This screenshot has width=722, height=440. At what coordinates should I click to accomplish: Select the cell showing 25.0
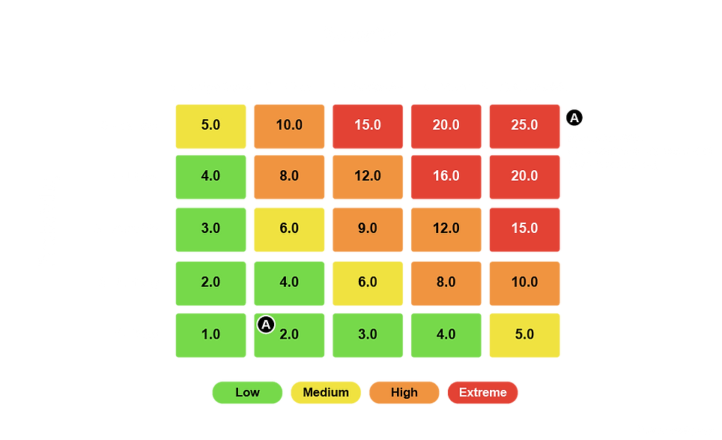tap(524, 124)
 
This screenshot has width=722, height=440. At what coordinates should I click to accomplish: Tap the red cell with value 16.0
tap(446, 176)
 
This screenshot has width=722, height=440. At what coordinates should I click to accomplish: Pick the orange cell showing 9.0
tap(367, 229)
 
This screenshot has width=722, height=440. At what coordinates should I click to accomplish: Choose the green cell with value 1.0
tap(210, 334)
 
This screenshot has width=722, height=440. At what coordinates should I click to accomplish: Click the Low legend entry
tap(247, 392)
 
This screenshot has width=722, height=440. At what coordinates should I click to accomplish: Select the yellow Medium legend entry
tap(326, 392)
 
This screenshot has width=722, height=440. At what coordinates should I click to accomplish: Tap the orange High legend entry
tap(404, 392)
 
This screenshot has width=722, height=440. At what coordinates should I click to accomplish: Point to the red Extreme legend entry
tap(482, 392)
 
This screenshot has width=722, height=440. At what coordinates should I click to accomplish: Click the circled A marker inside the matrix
tap(266, 325)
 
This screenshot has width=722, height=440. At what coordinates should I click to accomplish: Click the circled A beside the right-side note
tap(574, 118)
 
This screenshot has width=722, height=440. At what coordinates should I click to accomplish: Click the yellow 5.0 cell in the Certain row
tap(210, 124)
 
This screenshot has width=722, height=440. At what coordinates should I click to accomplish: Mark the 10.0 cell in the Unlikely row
tap(524, 282)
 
